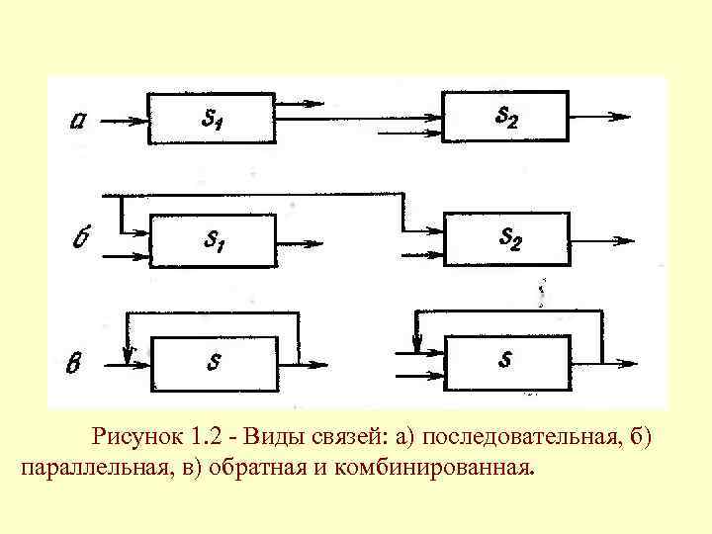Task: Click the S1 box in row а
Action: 211,119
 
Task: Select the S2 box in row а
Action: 504,117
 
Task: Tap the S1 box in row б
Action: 212,239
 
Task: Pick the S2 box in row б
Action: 506,237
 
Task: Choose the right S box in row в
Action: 506,360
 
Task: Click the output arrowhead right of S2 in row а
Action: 621,117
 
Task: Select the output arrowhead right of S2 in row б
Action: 623,239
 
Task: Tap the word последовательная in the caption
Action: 523,436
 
